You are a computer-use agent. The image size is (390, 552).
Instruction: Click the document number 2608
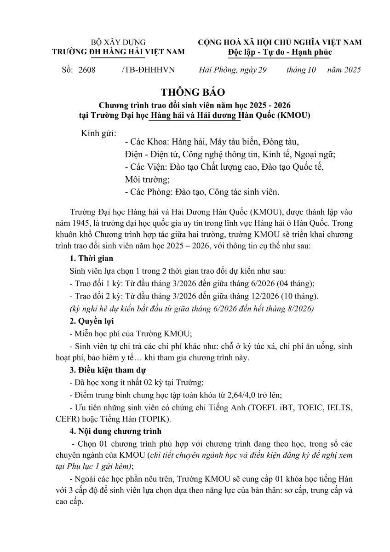tap(86, 70)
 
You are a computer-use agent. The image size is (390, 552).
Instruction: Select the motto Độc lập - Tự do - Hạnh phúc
tap(280, 52)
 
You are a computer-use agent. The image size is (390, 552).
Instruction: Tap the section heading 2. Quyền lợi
tap(92, 321)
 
